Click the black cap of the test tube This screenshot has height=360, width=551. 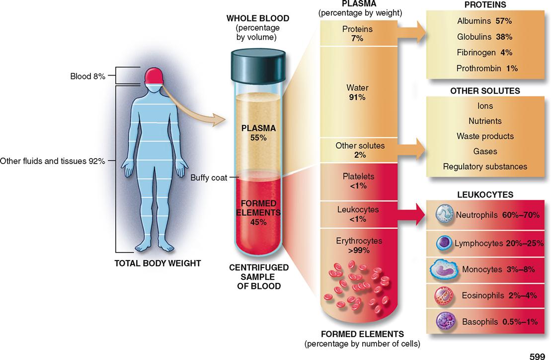pos(258,65)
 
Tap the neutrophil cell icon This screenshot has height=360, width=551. pos(445,214)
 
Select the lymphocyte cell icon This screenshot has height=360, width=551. pos(444,243)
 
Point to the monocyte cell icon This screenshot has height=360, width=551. pos(444,270)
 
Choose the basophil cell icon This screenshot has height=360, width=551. pos(446,321)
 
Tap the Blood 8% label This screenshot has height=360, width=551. pos(87,76)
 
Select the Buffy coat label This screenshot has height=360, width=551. pos(209,178)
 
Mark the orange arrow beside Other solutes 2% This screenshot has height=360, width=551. pos(411,149)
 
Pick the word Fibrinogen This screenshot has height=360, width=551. pos(476,53)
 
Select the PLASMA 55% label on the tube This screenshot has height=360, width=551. pos(258,133)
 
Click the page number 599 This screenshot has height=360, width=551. pos(537,356)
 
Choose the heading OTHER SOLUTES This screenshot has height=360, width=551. pos(485,90)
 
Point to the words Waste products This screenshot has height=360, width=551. pos(485,136)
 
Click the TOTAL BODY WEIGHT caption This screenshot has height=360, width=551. pos(158,264)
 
